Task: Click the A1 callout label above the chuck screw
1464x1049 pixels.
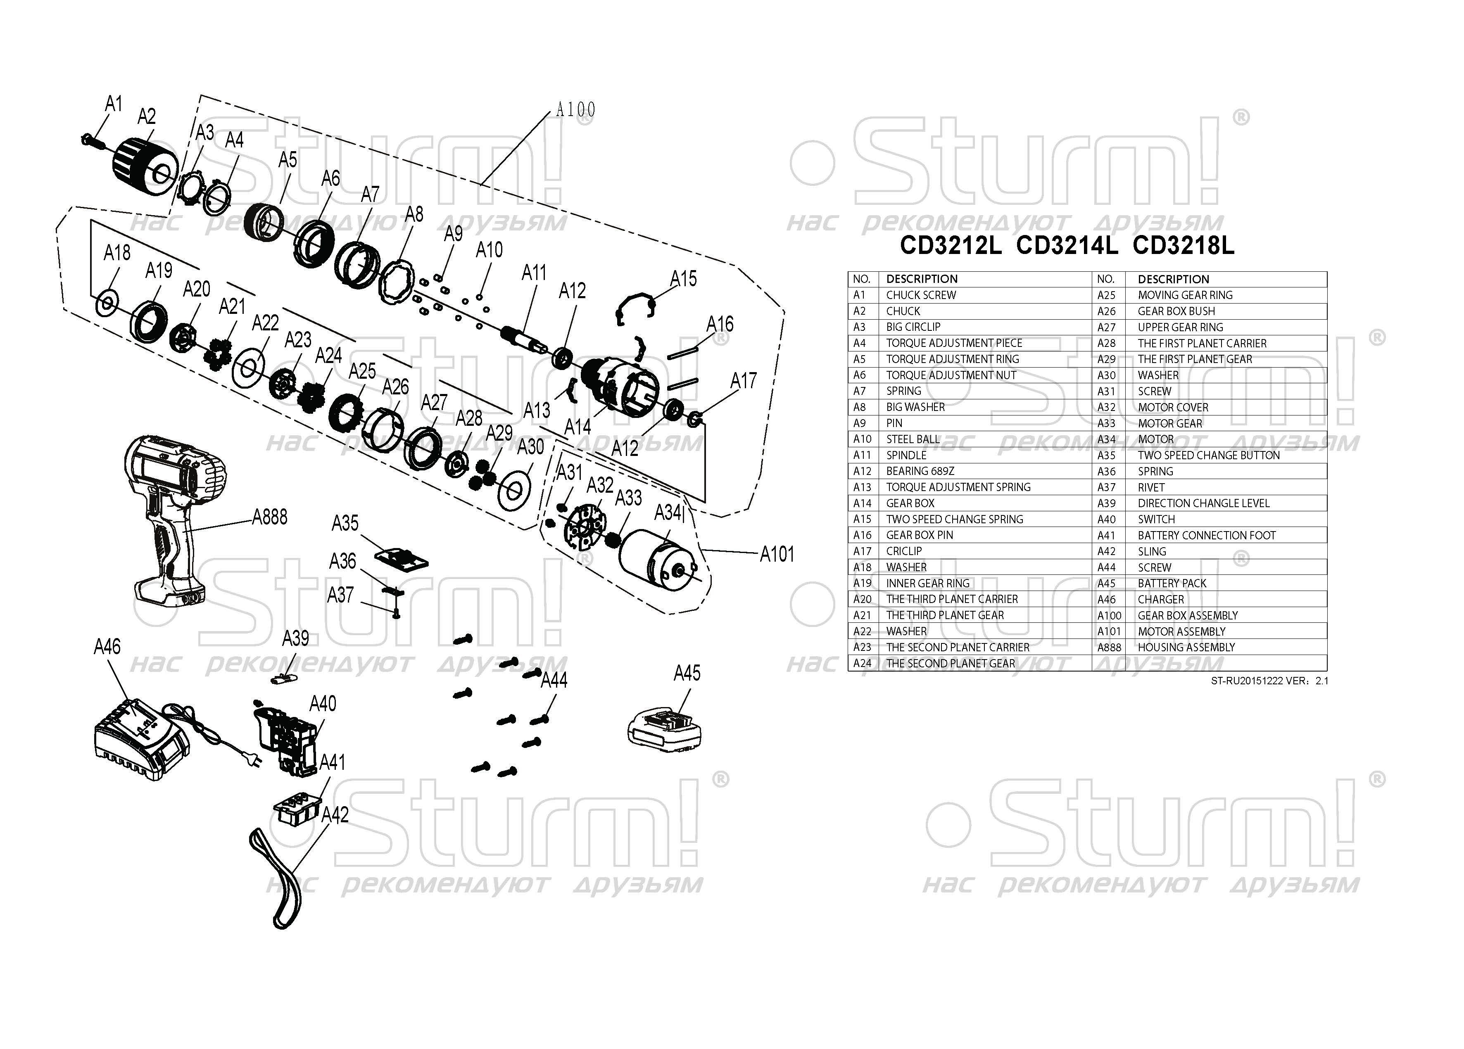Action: pyautogui.click(x=114, y=103)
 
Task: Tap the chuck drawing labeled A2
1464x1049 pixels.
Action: pyautogui.click(x=145, y=166)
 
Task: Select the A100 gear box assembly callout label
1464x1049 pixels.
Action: pyautogui.click(x=575, y=110)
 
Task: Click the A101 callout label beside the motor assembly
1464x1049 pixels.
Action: pyautogui.click(x=777, y=554)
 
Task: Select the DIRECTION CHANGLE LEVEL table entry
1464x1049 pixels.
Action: pyautogui.click(x=1203, y=503)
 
